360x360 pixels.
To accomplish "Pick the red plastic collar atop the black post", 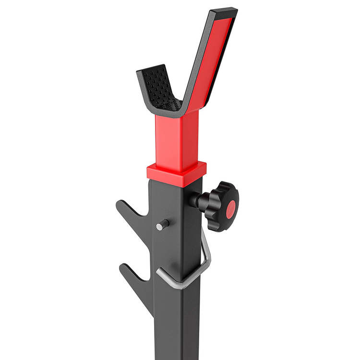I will (176, 170).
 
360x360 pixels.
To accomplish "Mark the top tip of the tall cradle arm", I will (226, 11).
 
